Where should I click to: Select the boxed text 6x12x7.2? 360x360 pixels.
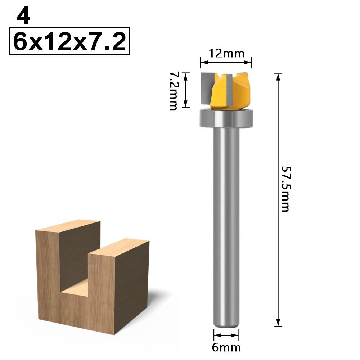coord(69,41)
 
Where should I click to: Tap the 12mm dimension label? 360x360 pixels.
coord(226,54)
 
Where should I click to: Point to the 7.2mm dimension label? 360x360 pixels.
coord(174,91)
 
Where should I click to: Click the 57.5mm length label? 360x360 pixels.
coord(285,189)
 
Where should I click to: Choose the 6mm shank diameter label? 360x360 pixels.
coord(226,347)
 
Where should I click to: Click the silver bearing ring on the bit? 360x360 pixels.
coord(226,118)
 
